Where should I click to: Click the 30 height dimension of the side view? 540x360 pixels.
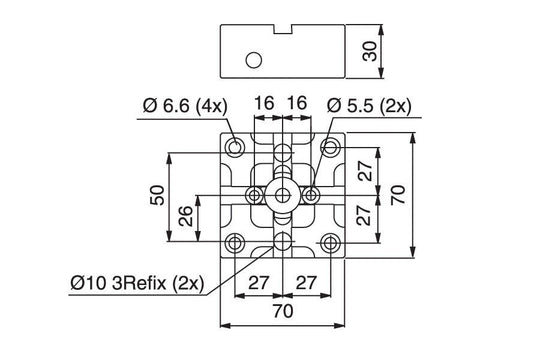(x=370, y=50)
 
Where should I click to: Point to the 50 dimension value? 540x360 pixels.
(x=157, y=196)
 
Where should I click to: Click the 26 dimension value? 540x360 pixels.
(x=185, y=217)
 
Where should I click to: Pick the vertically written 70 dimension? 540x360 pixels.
(x=400, y=196)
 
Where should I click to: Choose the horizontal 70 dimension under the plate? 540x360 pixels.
(x=284, y=313)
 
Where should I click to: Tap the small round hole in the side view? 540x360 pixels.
(x=254, y=60)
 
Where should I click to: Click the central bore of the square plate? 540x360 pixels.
(x=284, y=194)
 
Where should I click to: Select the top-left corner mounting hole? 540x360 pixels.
(x=236, y=148)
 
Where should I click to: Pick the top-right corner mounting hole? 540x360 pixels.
(x=331, y=148)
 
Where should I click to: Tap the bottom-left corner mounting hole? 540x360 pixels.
(x=236, y=242)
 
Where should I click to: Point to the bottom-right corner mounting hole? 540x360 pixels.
(x=331, y=242)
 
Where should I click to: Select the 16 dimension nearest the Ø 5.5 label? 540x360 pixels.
(x=297, y=104)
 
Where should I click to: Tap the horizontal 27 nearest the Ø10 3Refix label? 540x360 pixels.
(x=258, y=282)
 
